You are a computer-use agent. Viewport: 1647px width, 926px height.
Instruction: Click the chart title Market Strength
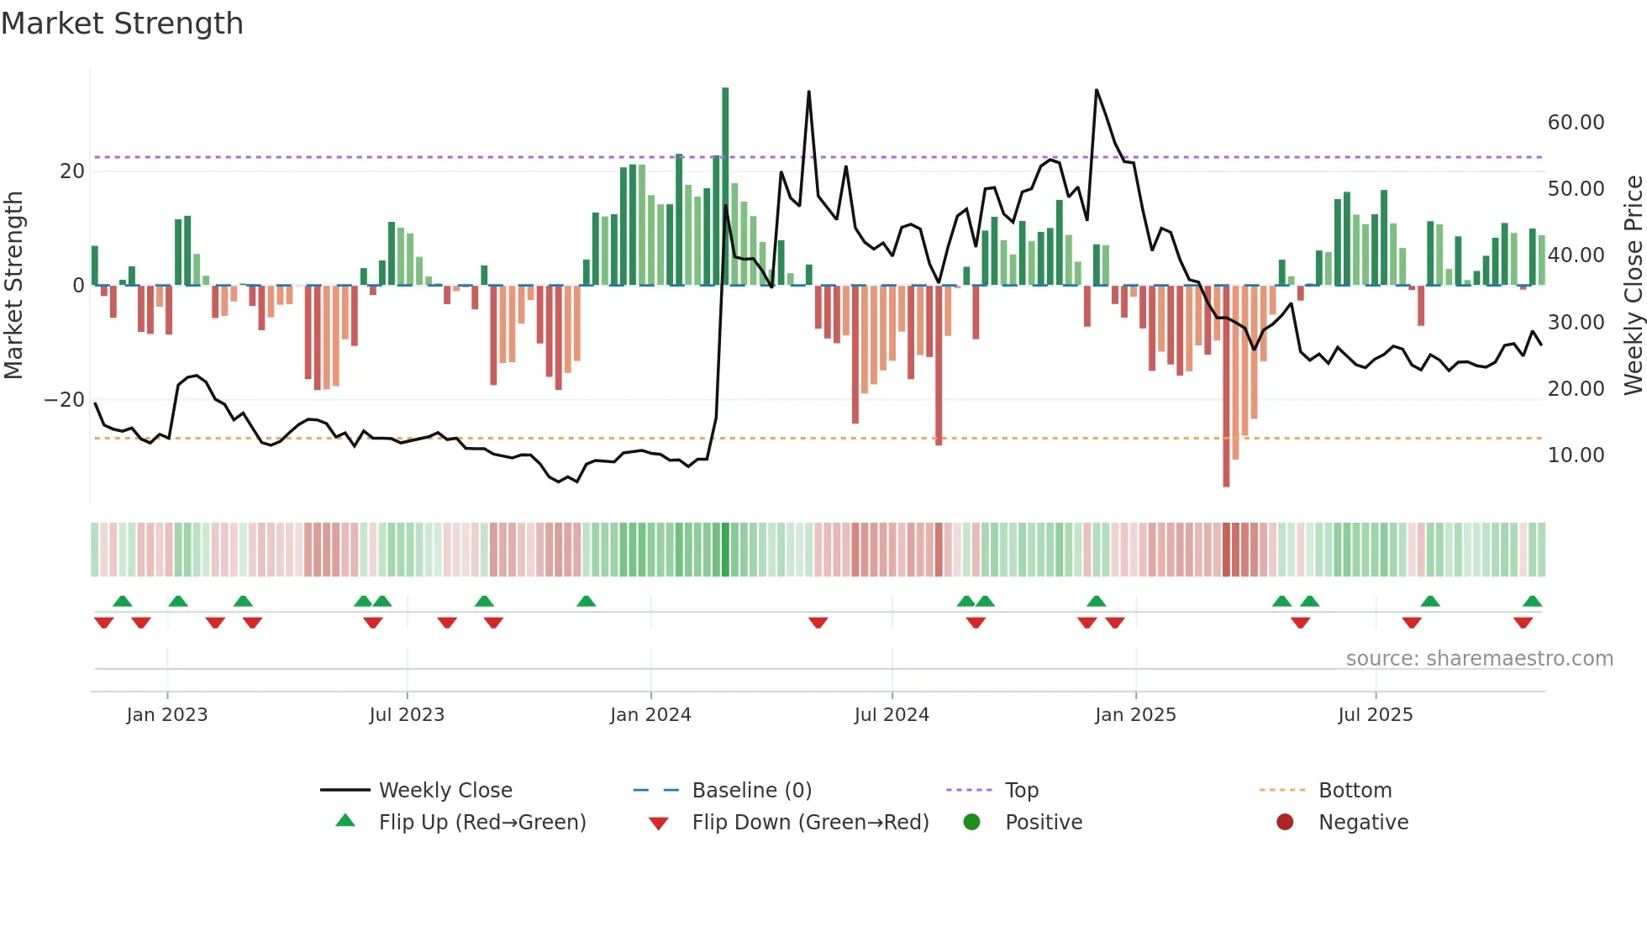coord(122,24)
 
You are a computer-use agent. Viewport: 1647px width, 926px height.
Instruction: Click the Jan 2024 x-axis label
coord(650,715)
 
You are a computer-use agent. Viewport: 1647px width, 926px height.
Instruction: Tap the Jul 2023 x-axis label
coord(407,715)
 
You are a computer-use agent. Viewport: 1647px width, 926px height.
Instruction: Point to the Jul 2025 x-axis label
coord(1375,715)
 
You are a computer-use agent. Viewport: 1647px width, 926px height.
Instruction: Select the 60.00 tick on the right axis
coord(1576,123)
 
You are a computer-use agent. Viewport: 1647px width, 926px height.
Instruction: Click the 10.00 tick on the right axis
coord(1576,455)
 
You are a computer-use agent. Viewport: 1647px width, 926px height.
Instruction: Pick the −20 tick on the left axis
coord(65,400)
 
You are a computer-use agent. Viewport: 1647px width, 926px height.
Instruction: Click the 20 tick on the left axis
coord(72,171)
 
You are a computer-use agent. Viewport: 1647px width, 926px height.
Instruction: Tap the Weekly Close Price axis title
coord(1633,285)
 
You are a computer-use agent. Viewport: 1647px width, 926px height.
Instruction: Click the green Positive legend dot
coord(972,823)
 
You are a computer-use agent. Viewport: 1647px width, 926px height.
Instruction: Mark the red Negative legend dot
coord(1285,823)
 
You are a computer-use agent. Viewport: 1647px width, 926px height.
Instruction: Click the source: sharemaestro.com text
coord(1479,659)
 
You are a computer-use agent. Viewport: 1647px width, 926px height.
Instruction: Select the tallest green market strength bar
coord(725,185)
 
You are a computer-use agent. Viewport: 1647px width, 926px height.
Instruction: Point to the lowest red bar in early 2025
coord(1226,387)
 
